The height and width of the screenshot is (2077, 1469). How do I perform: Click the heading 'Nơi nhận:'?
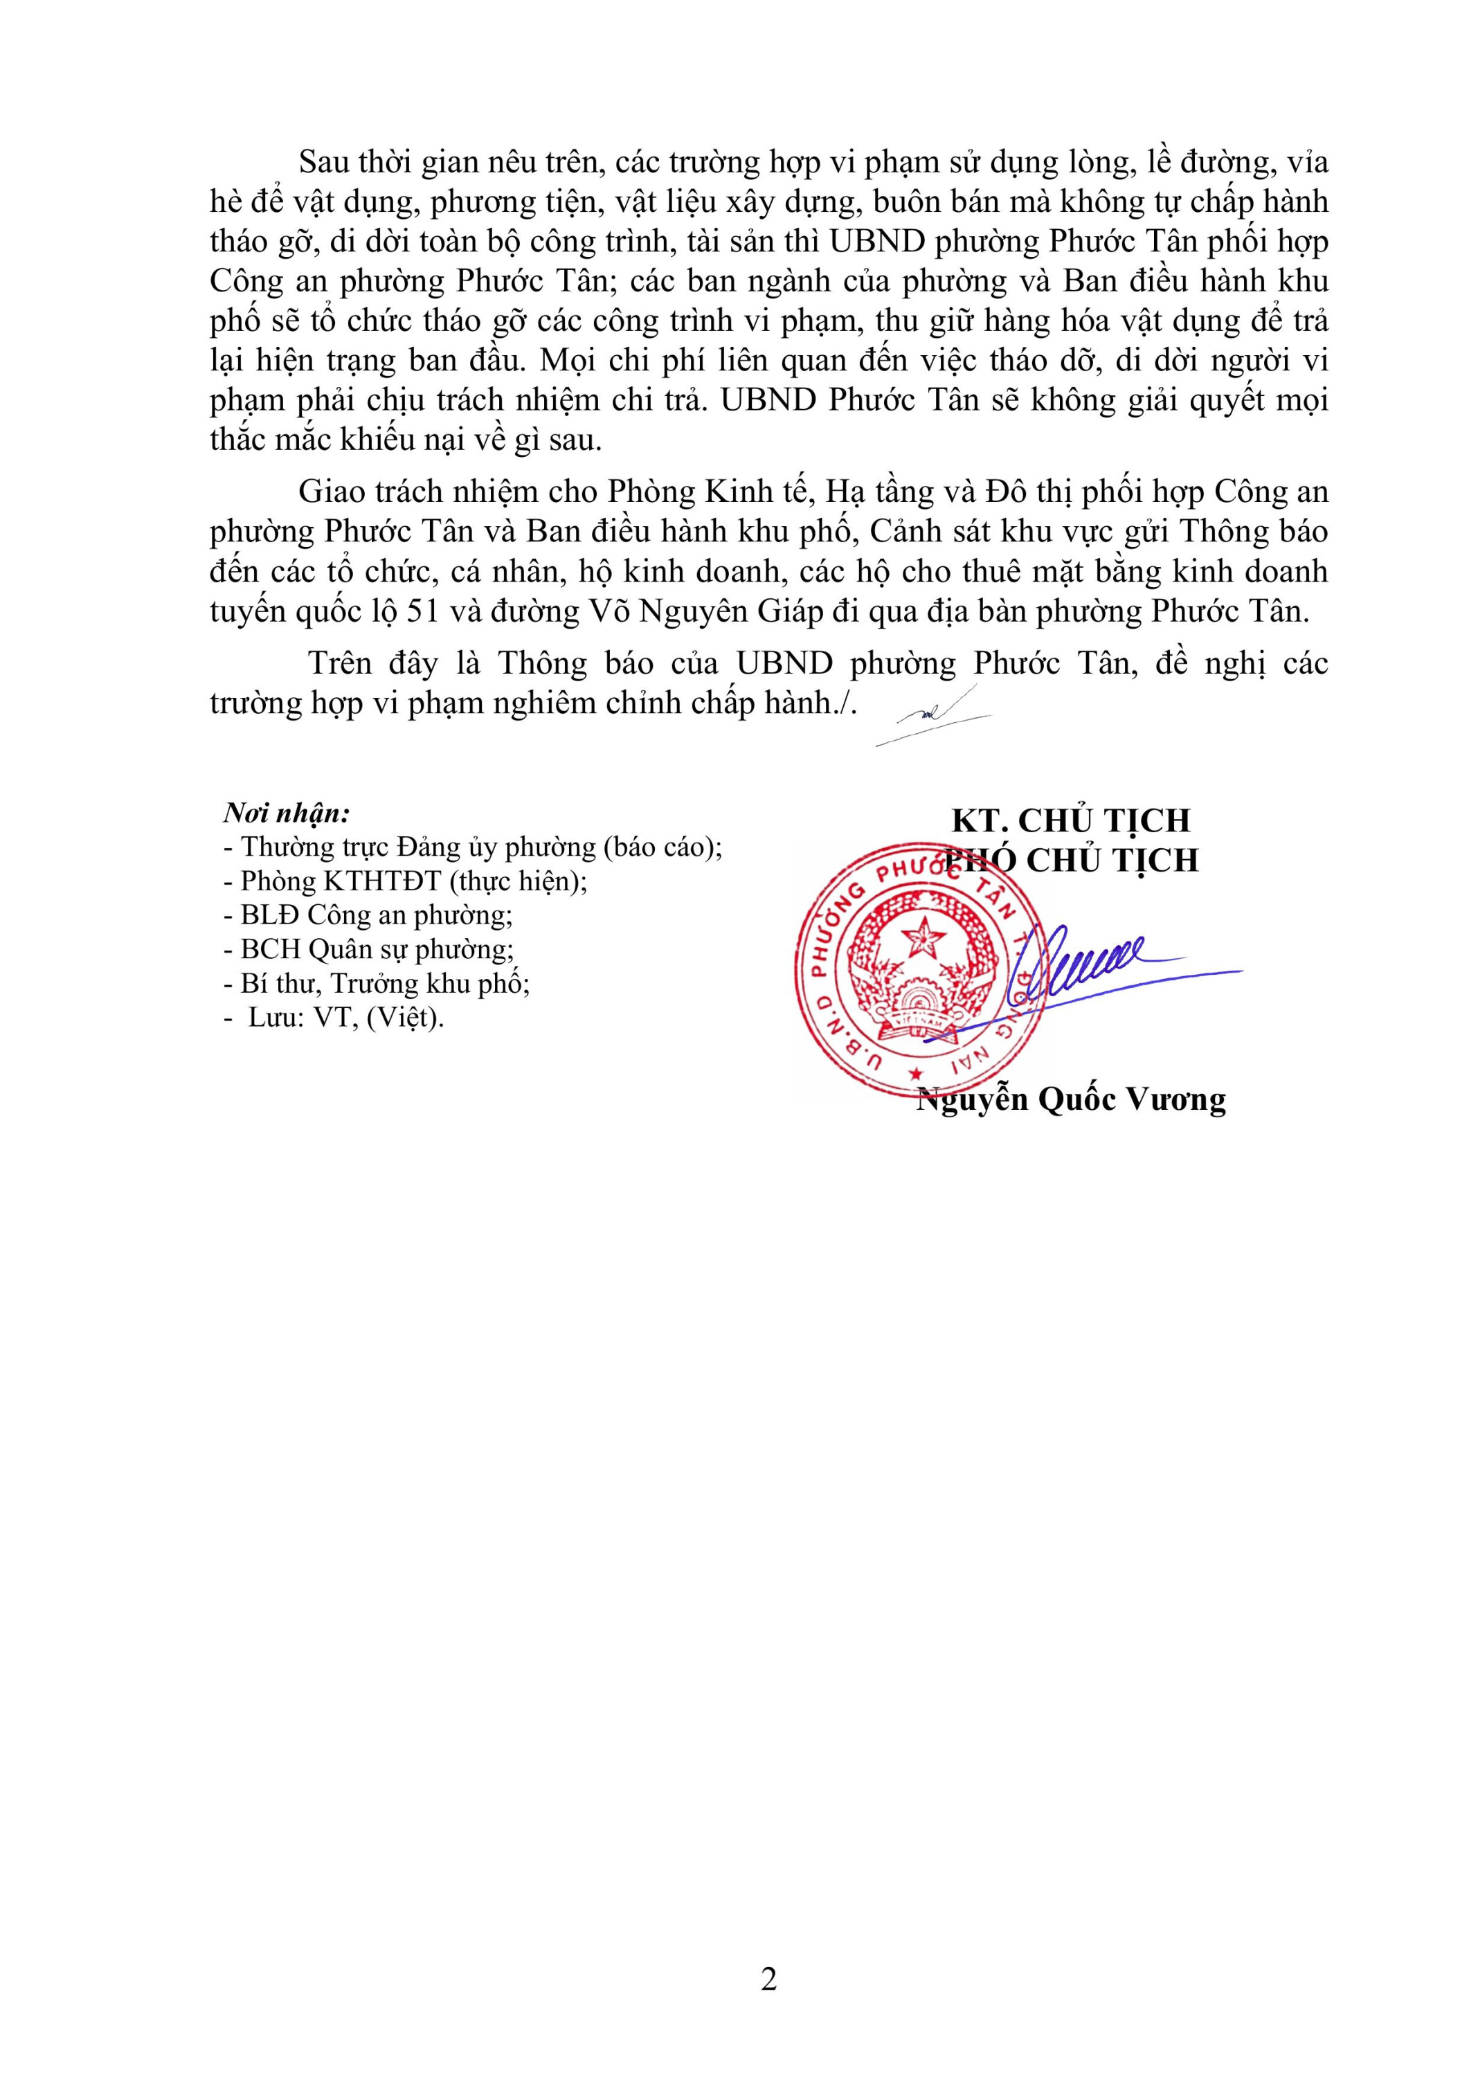tap(286, 812)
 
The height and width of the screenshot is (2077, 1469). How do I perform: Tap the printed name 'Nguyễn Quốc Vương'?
tap(1071, 1100)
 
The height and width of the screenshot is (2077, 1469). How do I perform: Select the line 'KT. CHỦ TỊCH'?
tap(1070, 820)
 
